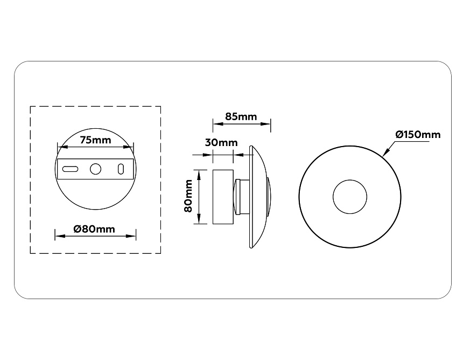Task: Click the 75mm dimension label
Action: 95,140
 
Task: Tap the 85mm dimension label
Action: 241,116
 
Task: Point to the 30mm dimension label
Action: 221,143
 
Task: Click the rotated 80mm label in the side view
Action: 188,196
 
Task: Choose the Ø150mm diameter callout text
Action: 417,134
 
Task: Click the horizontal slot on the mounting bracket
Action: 70,169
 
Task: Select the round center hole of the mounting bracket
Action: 95,169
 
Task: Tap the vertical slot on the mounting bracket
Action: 121,169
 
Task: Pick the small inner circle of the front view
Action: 350,197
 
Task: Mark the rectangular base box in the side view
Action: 223,197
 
